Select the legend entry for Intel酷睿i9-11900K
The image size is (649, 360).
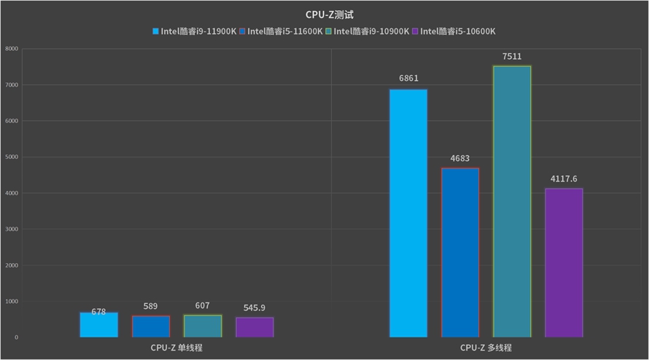(194, 31)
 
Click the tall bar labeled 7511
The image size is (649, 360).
(512, 201)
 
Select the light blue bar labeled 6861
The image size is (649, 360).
(408, 213)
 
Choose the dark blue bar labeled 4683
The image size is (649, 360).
(460, 252)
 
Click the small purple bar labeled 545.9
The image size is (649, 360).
(254, 327)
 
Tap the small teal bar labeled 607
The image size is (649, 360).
(203, 326)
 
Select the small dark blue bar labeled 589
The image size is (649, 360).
(151, 326)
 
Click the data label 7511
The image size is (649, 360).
(512, 57)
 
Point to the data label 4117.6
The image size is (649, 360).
(564, 179)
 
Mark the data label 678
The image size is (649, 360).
(98, 312)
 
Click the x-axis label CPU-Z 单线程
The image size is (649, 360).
(176, 348)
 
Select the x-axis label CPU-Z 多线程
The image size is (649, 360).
(486, 348)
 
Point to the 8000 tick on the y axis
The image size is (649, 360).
(11, 49)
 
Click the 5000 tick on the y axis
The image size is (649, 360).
(11, 157)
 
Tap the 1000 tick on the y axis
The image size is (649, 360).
(11, 301)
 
